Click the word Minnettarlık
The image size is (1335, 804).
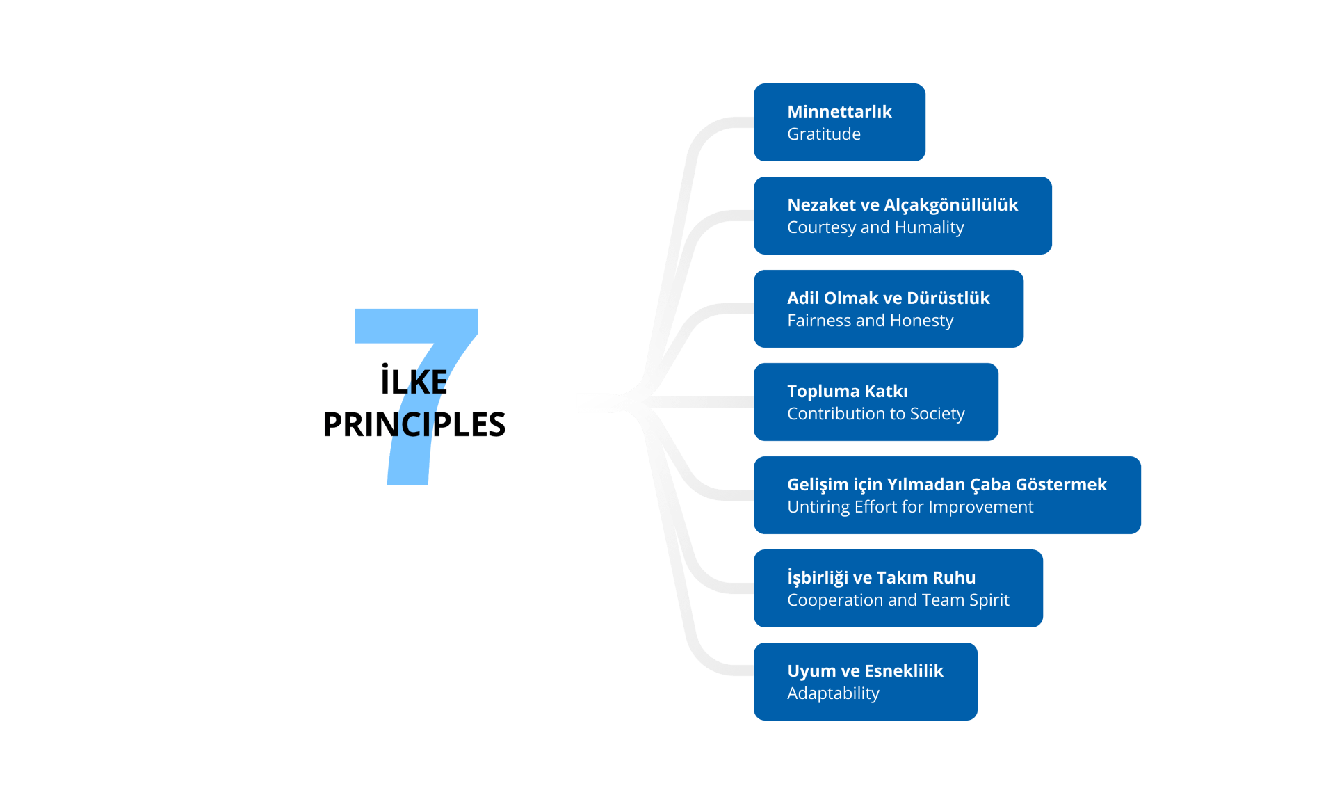pos(839,112)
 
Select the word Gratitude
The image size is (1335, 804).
pos(824,134)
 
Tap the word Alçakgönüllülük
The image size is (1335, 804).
pos(950,205)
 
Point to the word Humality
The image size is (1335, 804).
pos(929,227)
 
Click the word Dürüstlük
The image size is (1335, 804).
pos(948,298)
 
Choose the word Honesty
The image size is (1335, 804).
pos(921,321)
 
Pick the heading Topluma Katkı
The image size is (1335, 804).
pos(847,392)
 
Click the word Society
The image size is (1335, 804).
pos(937,414)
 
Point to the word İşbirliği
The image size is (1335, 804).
pos(818,578)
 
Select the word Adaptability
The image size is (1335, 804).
pos(833,693)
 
